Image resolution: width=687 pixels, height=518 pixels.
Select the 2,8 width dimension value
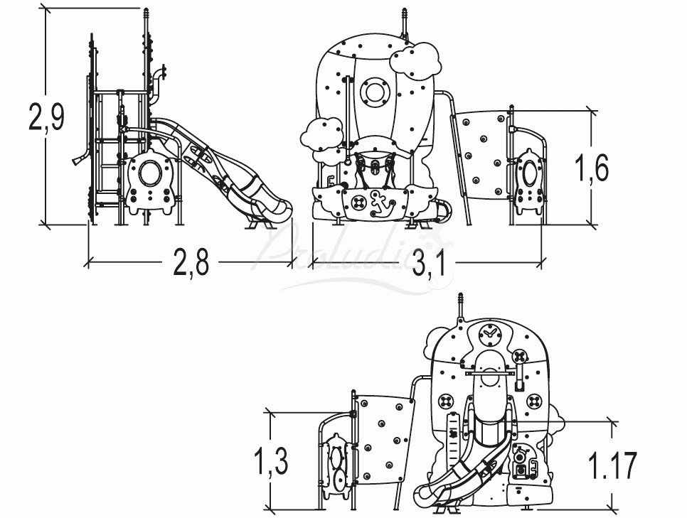190,263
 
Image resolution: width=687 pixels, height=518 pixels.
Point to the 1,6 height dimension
592,168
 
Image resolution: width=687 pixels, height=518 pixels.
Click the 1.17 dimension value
612,465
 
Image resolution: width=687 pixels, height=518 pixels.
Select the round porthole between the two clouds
373,92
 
